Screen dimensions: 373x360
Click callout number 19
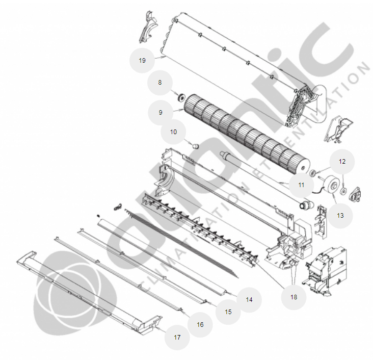coord(142,61)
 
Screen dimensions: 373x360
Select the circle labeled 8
coord(160,83)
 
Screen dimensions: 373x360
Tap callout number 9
coord(161,113)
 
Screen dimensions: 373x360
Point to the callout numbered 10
coord(173,132)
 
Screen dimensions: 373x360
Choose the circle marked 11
coord(301,185)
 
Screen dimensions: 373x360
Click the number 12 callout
coord(342,162)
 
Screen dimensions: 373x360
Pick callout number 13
coord(340,216)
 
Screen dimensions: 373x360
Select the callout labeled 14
coord(249,300)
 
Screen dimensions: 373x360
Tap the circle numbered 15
coord(228,312)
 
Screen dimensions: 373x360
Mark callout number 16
coord(200,325)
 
